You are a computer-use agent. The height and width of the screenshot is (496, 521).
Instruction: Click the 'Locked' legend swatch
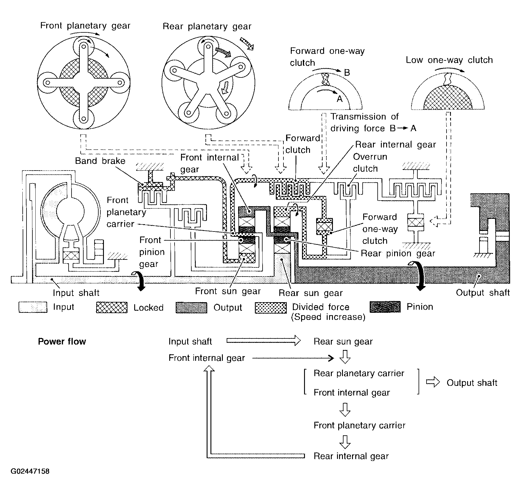coord(112,307)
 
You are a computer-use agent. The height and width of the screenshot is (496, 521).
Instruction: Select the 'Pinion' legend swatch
coord(385,307)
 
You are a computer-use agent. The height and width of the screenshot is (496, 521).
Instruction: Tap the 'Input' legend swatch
coord(33,307)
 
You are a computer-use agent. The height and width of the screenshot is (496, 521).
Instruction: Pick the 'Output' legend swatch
coord(191,307)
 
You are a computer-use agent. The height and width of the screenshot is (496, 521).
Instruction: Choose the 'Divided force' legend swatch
coord(271,307)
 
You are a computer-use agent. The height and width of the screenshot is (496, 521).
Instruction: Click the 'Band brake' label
coord(100,161)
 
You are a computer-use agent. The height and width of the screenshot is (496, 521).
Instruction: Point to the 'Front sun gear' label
coord(228,291)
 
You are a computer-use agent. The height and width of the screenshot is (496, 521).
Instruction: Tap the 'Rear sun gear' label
coord(311,293)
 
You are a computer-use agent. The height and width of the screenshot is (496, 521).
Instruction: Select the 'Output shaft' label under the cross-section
coord(483,292)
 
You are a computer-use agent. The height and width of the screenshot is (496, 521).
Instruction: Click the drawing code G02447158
coord(30,472)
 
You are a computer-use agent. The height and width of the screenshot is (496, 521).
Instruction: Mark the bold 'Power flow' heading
coord(62,341)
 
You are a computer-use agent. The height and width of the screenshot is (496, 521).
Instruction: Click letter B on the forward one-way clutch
coord(347,73)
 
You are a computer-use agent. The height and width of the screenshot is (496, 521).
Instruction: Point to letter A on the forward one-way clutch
coord(340,99)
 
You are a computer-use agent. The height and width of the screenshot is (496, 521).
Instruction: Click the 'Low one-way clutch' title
coord(449,60)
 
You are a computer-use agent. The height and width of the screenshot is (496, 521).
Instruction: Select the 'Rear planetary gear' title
coord(207,27)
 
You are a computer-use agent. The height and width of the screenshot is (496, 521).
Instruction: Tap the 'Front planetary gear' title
coord(85,26)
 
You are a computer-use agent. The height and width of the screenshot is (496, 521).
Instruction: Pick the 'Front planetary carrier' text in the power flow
coord(359,425)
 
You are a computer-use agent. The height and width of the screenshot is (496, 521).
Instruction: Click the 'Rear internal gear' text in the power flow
coord(351,456)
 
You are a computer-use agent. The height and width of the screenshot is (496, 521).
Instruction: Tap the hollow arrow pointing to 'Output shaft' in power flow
coord(433,383)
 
